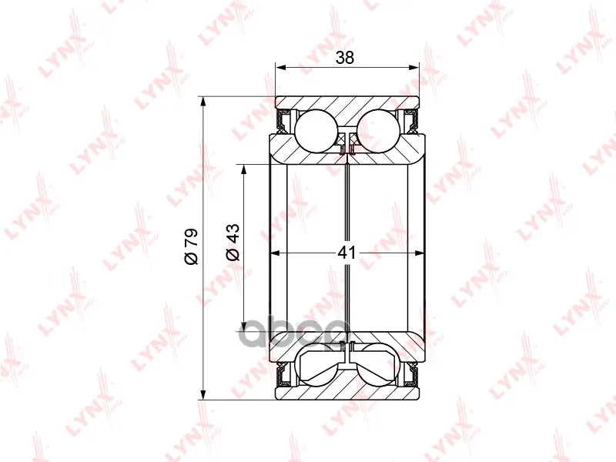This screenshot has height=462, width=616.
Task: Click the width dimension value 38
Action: click(x=345, y=57)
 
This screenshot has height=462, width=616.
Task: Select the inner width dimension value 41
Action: click(x=346, y=253)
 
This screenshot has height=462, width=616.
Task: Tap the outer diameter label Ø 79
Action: click(x=191, y=246)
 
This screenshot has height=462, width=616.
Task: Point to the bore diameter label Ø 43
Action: click(x=233, y=242)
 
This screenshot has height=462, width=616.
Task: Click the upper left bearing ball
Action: click(x=316, y=130)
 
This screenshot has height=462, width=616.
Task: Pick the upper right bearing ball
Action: click(x=378, y=130)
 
